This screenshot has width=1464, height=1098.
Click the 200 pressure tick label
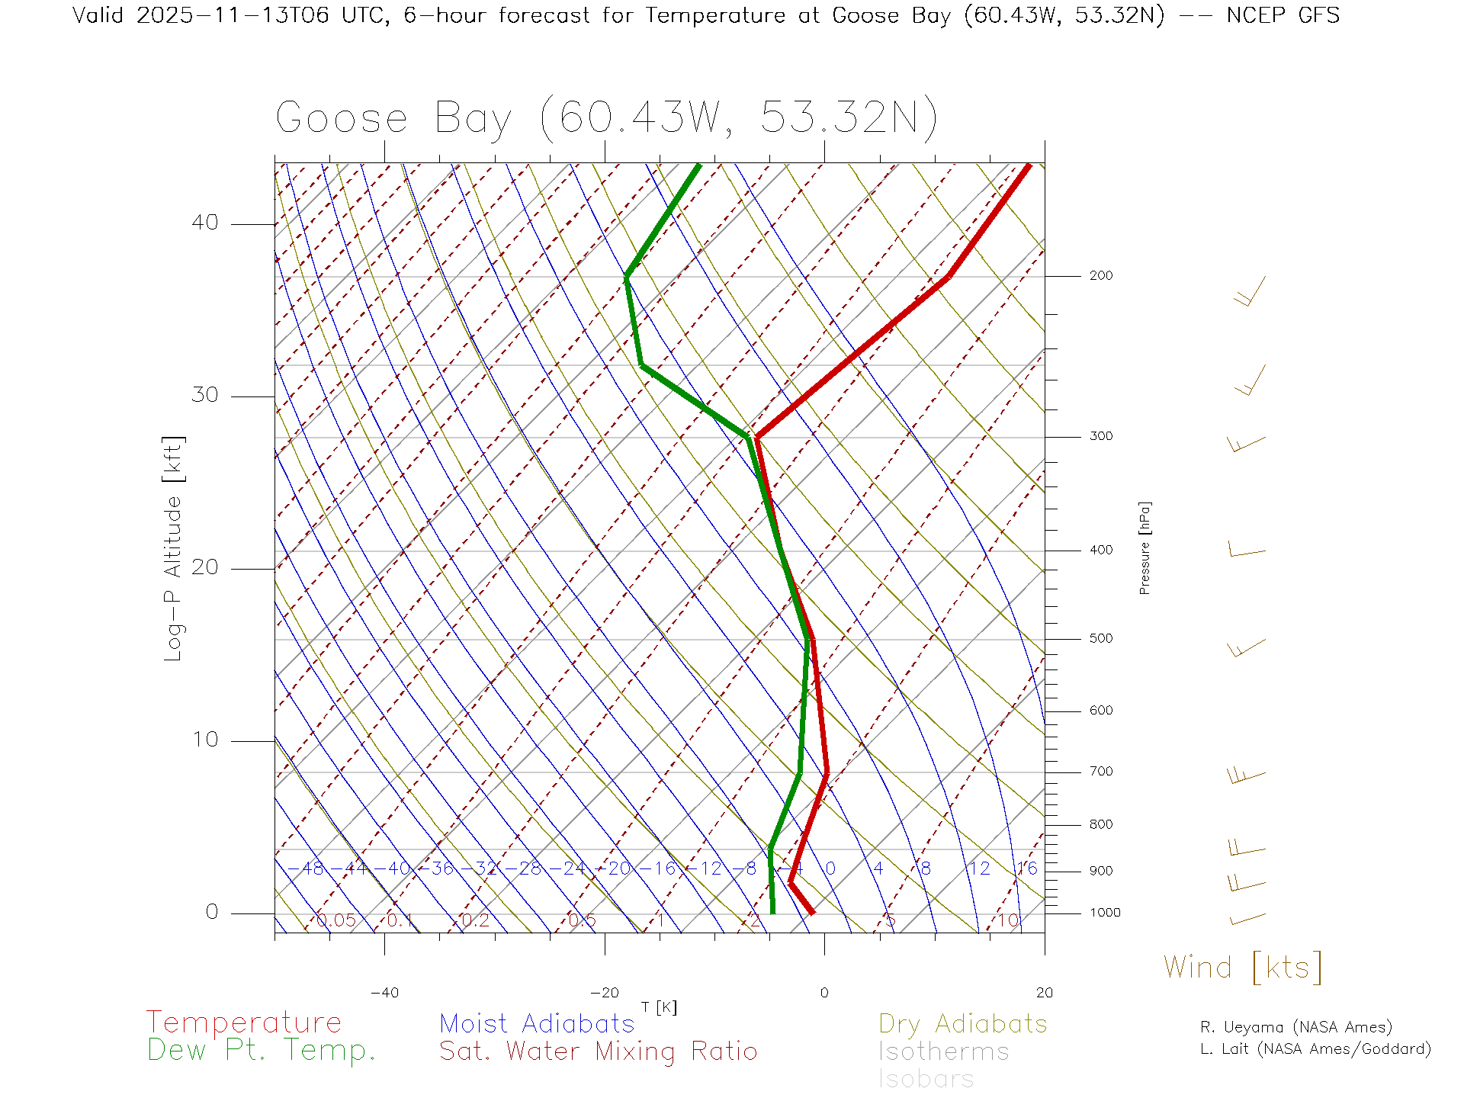click(x=1100, y=276)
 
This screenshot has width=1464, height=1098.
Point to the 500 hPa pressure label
click(x=1100, y=639)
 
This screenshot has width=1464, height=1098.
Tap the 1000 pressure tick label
click(x=1105, y=913)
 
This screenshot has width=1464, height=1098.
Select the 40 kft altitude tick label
click(x=204, y=223)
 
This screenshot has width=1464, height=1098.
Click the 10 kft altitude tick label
click(x=204, y=740)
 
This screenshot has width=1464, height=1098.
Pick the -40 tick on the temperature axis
click(x=384, y=993)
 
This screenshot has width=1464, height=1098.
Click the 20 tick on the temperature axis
click(x=1044, y=993)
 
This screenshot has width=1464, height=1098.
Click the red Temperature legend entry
click(x=243, y=1023)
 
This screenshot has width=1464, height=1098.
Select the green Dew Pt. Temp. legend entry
click(x=262, y=1051)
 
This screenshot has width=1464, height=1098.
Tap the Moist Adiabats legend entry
click(x=537, y=1023)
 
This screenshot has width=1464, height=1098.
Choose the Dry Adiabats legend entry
click(x=962, y=1023)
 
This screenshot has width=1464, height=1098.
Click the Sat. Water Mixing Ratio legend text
click(x=598, y=1051)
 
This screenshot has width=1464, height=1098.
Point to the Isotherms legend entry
click(x=943, y=1051)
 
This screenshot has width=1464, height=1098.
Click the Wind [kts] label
click(x=1242, y=968)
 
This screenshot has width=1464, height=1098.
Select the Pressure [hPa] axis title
click(x=1145, y=547)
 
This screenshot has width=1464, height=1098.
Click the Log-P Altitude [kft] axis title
click(x=174, y=549)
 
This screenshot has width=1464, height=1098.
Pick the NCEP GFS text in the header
click(x=1283, y=15)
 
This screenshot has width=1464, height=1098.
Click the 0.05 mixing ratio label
click(x=335, y=920)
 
